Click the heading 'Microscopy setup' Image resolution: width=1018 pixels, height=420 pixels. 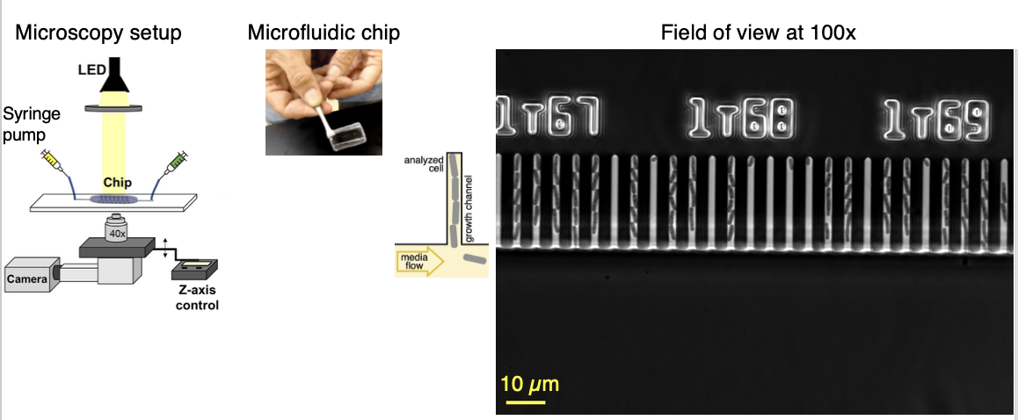coord(98,33)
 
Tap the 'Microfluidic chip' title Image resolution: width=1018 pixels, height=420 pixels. coord(324,33)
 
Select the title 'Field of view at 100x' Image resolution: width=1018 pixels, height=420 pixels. coord(759,33)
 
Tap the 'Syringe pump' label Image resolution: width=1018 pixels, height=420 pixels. coord(32,123)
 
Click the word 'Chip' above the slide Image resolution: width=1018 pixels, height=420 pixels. coord(118,183)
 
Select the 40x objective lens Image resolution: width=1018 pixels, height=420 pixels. coord(117,228)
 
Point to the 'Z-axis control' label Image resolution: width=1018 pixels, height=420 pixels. coord(197,298)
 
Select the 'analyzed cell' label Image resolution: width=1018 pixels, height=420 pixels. coord(423,163)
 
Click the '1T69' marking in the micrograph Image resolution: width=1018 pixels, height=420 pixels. coord(934,119)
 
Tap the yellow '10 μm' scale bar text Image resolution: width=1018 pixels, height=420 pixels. coord(530,384)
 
